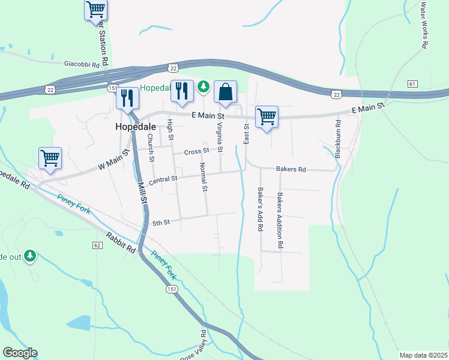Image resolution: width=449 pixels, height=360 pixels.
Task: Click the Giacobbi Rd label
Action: (x=86, y=62)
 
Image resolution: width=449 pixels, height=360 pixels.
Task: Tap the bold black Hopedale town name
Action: (x=136, y=127)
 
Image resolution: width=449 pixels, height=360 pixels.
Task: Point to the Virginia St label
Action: (x=220, y=137)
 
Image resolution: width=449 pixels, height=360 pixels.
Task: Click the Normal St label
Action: (x=203, y=177)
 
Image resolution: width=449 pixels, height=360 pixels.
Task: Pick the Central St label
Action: (x=163, y=179)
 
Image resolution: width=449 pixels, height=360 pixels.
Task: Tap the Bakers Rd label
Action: (x=291, y=170)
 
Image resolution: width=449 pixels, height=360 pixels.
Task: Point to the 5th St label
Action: (x=161, y=223)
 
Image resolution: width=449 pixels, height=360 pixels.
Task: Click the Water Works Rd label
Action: (x=424, y=25)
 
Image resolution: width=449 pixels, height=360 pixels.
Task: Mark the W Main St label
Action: (x=113, y=160)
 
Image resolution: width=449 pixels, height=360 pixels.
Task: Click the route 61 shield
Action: (x=412, y=83)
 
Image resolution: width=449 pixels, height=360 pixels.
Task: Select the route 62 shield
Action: (x=97, y=245)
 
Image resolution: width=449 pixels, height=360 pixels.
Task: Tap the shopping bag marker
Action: (x=225, y=92)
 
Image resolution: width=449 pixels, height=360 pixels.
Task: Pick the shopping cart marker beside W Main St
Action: (x=50, y=159)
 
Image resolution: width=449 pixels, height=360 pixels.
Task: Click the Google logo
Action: (x=20, y=353)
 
